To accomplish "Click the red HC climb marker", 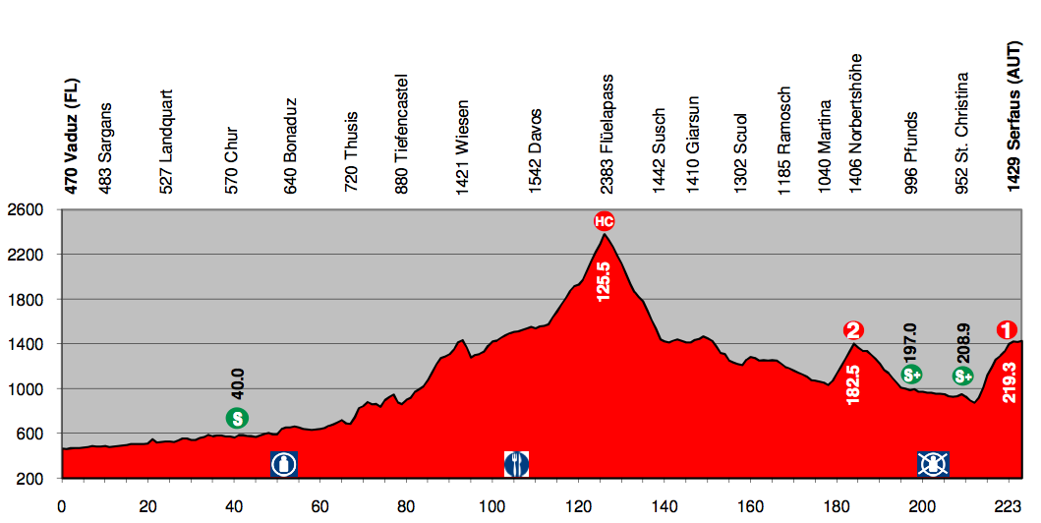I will click(x=604, y=221).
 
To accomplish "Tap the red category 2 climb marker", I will click(x=853, y=330).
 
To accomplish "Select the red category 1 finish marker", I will click(x=1006, y=330).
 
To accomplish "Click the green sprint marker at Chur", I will click(x=237, y=418).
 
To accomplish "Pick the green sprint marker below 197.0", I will click(x=910, y=374).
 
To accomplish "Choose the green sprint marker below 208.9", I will click(x=962, y=376).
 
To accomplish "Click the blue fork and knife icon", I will click(x=516, y=463).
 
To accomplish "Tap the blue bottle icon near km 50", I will click(x=285, y=463).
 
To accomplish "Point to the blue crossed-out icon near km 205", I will click(x=932, y=463).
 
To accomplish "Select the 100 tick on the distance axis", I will click(x=492, y=506).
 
